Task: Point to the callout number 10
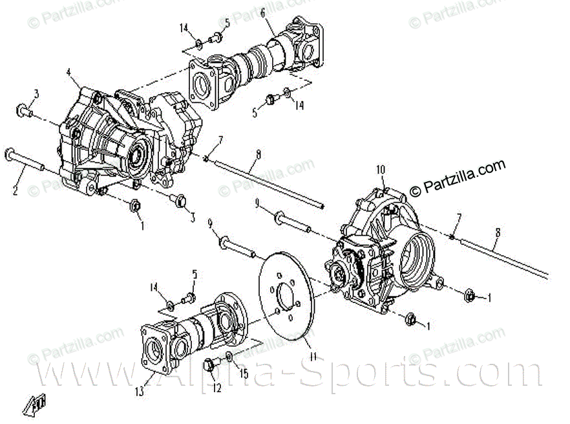click(381, 170)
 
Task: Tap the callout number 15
click(244, 374)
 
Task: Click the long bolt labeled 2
click(32, 162)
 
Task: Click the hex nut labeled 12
click(210, 365)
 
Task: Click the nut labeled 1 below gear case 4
click(136, 206)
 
